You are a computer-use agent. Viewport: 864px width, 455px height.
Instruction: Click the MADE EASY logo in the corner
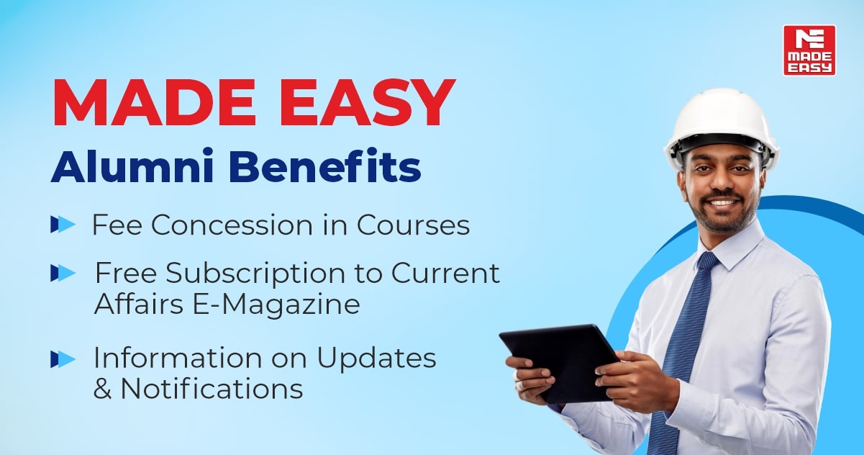809,50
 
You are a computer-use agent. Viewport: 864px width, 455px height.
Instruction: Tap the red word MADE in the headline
154,103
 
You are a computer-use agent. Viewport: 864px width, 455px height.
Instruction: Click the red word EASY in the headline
367,103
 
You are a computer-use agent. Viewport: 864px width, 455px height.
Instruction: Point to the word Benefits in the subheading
324,165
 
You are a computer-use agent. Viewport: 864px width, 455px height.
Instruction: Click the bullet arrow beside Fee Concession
63,224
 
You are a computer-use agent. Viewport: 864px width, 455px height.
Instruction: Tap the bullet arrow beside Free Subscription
63,273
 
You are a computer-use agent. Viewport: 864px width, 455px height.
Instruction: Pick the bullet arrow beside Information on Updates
63,359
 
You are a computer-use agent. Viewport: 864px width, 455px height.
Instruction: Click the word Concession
232,225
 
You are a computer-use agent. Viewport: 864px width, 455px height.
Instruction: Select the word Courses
413,225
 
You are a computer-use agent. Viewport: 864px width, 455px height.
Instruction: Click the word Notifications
212,388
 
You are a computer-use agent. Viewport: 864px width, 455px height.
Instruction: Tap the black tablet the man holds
560,362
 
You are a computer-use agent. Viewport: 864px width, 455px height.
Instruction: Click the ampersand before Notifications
103,388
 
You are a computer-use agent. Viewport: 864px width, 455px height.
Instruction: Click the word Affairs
139,304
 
